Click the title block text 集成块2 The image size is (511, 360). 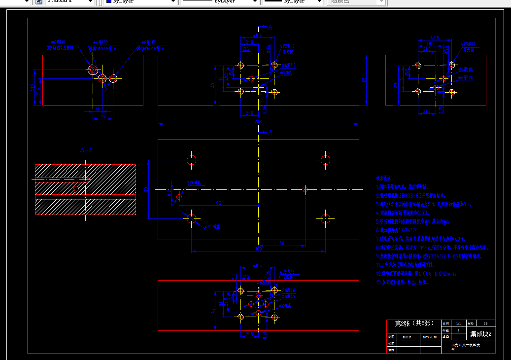[x=481, y=334]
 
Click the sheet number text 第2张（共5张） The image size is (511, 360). [x=414, y=324]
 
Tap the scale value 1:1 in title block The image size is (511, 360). [x=459, y=324]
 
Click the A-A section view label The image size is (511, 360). [x=86, y=150]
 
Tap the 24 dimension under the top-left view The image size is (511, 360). [x=102, y=116]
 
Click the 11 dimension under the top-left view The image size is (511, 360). [x=98, y=109]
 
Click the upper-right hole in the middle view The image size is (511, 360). [x=325, y=160]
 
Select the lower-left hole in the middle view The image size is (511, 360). [x=192, y=218]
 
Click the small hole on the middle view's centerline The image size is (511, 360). [x=306, y=189]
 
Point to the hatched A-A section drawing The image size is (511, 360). [x=85, y=189]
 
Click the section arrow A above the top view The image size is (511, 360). [x=270, y=28]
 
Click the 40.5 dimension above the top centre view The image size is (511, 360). [x=257, y=36]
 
